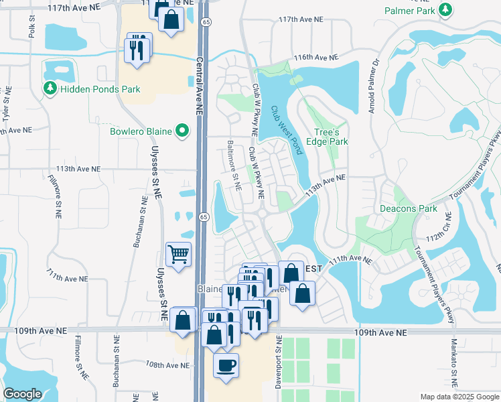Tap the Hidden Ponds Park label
(x=99, y=89)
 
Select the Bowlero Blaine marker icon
(x=182, y=131)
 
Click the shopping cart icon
(x=179, y=254)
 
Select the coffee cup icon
(x=226, y=365)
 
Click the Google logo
(x=23, y=394)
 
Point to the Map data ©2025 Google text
(x=459, y=397)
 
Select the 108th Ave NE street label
(x=168, y=365)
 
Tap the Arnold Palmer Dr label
(x=374, y=85)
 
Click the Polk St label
(x=31, y=27)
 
